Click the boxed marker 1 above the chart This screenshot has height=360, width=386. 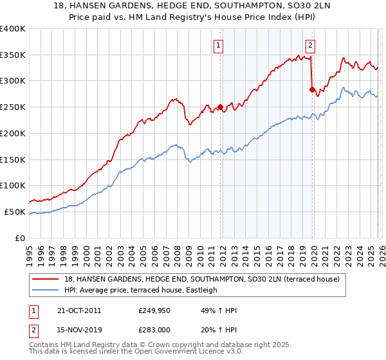(x=219, y=45)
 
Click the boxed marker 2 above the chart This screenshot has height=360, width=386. (x=311, y=45)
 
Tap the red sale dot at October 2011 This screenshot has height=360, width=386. (x=220, y=107)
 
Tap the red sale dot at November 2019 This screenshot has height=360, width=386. (x=312, y=89)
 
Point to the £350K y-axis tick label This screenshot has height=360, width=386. (x=13, y=55)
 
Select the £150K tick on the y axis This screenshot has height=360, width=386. (x=13, y=159)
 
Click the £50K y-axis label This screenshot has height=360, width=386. (x=15, y=212)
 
